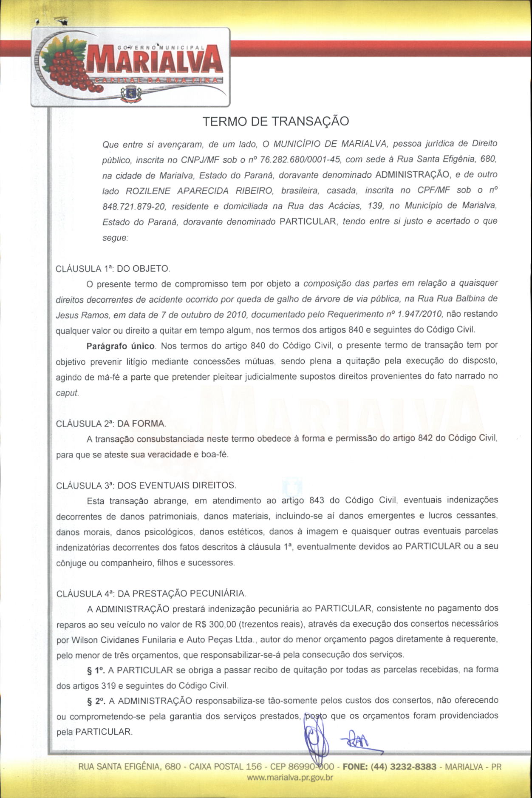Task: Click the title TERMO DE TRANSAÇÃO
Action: tap(275, 122)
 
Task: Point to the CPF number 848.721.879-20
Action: tap(134, 207)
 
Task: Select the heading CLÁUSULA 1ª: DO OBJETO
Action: tap(113, 269)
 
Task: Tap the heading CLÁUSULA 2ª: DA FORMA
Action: tap(111, 423)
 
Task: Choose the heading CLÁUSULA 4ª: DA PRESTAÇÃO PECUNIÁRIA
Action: tap(151, 594)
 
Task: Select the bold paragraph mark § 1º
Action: tap(96, 670)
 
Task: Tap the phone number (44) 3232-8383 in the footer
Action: tap(403, 767)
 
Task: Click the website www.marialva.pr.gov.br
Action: tap(290, 778)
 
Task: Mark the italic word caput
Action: tap(68, 393)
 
